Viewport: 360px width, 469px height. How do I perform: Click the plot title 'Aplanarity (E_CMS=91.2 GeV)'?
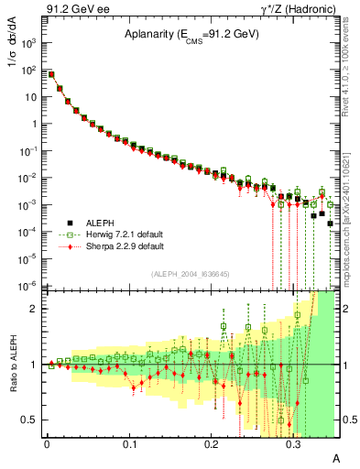coord(191,35)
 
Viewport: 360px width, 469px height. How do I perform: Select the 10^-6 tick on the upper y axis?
coord(29,286)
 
